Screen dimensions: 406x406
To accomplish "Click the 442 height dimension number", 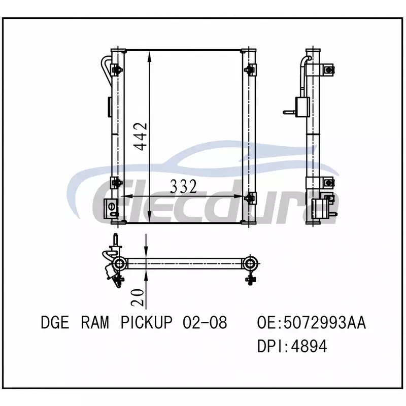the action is [x=141, y=137].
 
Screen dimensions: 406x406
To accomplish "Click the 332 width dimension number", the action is [x=183, y=186].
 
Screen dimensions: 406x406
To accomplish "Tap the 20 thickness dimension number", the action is [x=138, y=297].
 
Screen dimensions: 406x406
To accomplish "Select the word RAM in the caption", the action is [x=95, y=323].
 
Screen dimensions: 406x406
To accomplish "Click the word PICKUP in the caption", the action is [x=147, y=323].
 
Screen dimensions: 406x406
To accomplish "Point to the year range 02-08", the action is [x=205, y=323].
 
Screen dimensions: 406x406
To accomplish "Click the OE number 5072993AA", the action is [x=325, y=323].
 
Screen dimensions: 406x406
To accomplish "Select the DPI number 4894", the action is [x=309, y=346].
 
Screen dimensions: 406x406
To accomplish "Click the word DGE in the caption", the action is [x=55, y=323].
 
